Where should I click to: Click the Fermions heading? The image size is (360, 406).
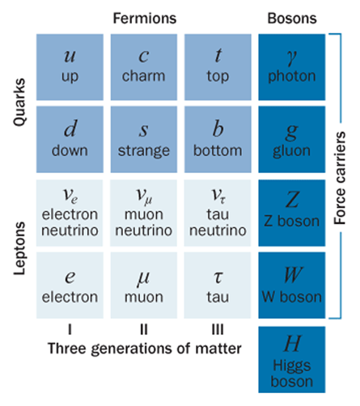tap(145, 19)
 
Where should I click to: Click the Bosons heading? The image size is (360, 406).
tap(292, 19)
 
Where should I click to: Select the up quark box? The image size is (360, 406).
tap(70, 67)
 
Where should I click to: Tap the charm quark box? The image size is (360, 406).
tap(144, 67)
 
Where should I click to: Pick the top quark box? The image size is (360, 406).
tap(218, 67)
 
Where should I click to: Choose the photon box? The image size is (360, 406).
tap(292, 67)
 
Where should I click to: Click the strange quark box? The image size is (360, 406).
tap(144, 139)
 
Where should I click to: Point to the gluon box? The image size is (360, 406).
tap(292, 139)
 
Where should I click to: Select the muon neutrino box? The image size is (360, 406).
tap(144, 213)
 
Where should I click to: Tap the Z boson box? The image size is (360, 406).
tap(292, 213)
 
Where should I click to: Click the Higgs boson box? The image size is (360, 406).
tap(292, 360)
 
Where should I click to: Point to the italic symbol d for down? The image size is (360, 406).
tap(70, 129)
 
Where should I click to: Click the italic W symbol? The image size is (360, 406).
tap(293, 275)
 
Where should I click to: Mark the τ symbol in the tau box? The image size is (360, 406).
tap(218, 277)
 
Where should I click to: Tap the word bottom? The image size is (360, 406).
tap(218, 150)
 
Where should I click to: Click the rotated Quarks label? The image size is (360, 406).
tap(19, 102)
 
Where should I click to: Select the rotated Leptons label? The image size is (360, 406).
tap(19, 248)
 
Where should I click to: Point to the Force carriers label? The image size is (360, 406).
tap(340, 178)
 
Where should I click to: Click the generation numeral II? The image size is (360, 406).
tap(144, 329)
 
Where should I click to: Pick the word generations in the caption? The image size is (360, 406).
tap(132, 349)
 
